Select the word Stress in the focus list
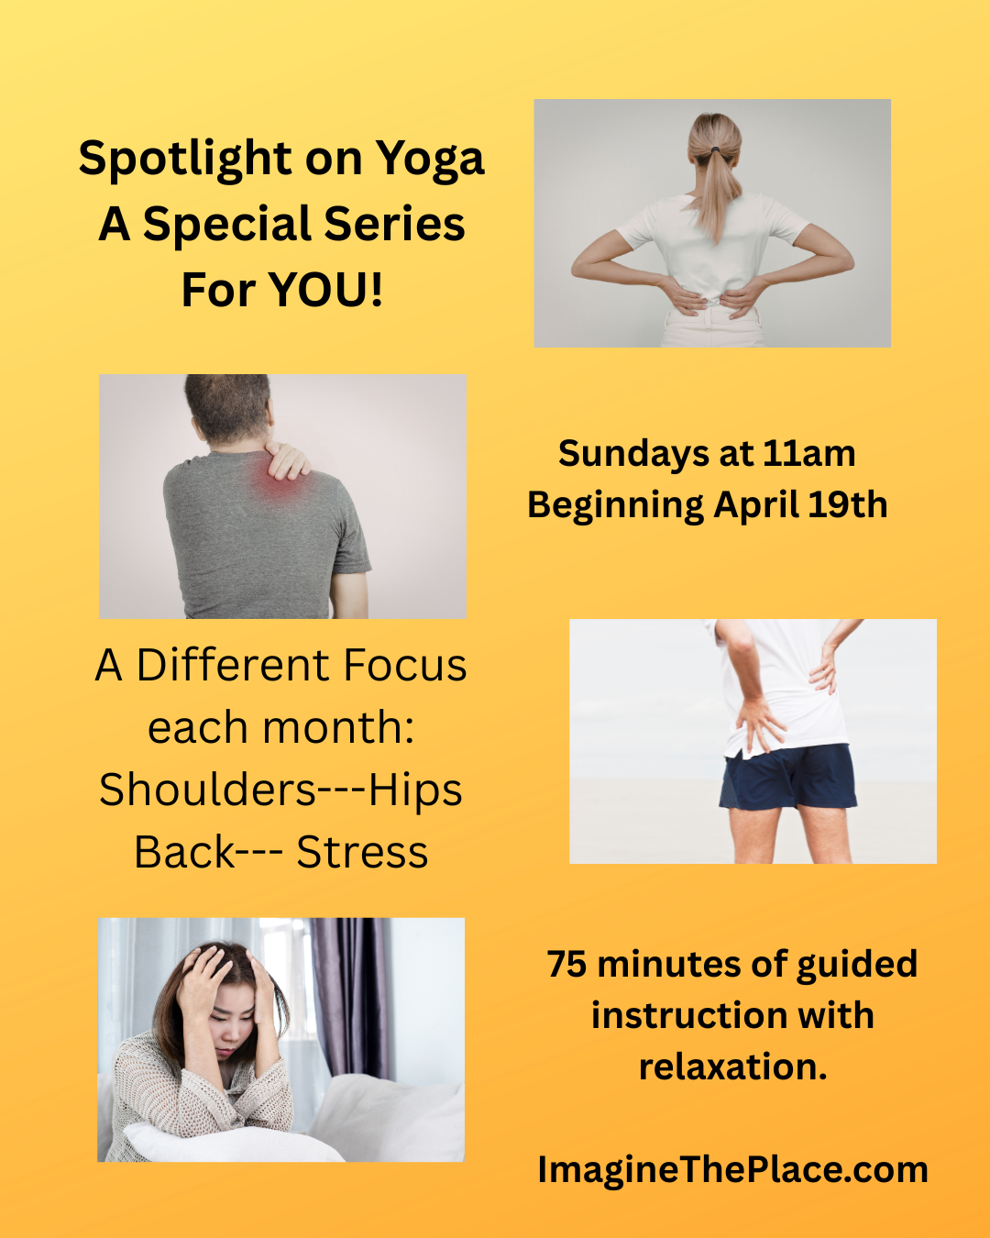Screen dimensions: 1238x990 (x=362, y=853)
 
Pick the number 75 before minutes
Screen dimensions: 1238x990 (x=566, y=965)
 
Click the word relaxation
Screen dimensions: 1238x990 (x=732, y=1067)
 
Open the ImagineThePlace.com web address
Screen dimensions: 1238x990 (x=732, y=1170)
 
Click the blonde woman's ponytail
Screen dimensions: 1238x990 (x=717, y=179)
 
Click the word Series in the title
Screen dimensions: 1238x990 (x=395, y=225)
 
